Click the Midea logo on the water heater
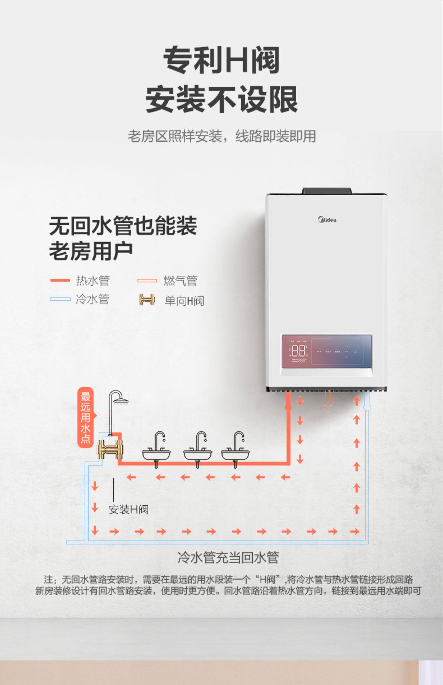point(327,220)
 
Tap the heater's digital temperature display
point(299,351)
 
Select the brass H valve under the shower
point(110,449)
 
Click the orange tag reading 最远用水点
point(85,417)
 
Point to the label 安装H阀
point(128,509)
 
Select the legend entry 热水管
point(93,280)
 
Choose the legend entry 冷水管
point(92,299)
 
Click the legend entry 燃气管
point(180,280)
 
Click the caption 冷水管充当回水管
point(228,558)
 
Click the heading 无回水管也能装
point(123,226)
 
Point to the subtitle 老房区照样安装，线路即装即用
point(221,136)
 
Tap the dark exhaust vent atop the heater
point(327,191)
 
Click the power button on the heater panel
point(355,352)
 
